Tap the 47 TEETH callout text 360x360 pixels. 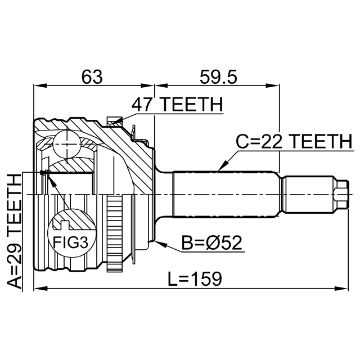click(177, 105)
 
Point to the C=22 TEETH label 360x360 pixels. click(294, 141)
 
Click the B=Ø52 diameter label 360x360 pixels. click(211, 242)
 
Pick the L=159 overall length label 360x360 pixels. click(195, 279)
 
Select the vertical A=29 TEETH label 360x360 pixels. click(14, 231)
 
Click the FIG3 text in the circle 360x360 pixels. click(70, 242)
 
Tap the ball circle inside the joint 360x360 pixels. click(67, 144)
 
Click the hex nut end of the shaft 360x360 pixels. click(341, 195)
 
